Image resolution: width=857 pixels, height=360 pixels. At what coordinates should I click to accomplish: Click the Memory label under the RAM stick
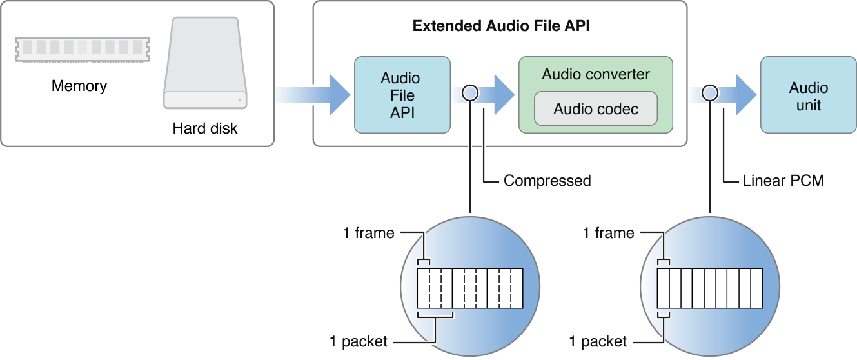point(79,86)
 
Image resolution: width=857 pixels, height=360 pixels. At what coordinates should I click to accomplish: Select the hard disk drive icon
point(205,64)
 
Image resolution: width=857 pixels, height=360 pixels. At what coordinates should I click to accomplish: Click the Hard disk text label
point(205,128)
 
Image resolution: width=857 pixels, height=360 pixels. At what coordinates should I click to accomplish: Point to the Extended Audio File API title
point(501,26)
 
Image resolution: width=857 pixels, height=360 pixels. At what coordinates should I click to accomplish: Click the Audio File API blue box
point(400,95)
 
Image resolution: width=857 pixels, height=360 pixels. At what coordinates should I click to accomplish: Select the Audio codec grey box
point(596,108)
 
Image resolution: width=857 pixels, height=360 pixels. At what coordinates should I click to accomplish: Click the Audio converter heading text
point(596,74)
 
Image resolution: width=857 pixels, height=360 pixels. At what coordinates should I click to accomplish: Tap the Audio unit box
point(808,96)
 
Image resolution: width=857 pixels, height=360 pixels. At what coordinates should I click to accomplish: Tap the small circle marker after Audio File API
point(470,93)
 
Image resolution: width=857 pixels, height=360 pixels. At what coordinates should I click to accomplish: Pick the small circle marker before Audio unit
point(710,93)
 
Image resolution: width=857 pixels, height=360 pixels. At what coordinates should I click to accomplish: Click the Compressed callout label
point(547,181)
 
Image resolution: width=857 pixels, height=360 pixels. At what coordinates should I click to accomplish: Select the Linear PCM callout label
point(783,181)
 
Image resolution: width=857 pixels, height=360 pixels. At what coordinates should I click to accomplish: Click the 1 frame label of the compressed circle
point(368,233)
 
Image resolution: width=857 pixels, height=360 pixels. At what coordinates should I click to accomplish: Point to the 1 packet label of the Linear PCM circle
point(598,341)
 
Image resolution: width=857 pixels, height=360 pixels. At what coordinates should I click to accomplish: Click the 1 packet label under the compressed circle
point(358,341)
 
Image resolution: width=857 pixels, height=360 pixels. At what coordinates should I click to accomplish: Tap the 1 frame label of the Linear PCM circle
point(608,233)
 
